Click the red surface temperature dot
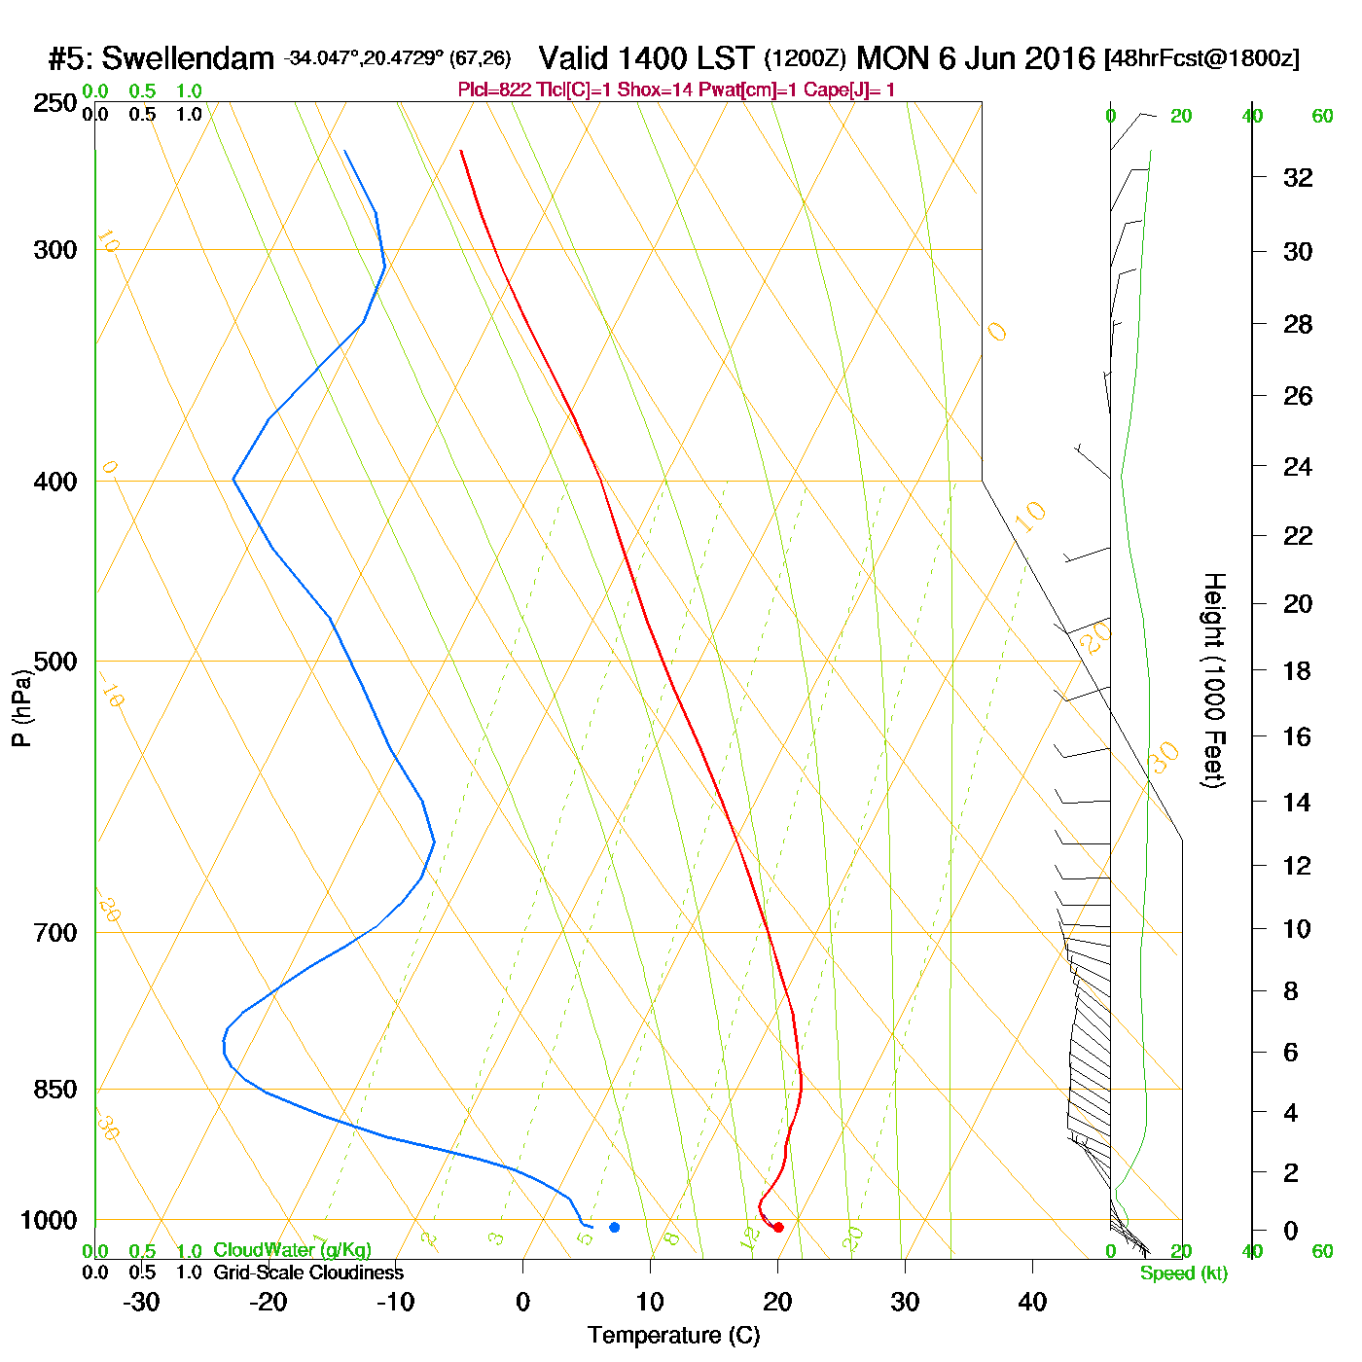tap(778, 1227)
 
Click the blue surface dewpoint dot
tap(614, 1227)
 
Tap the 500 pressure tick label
tap(55, 662)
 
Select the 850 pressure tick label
tap(55, 1090)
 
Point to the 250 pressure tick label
tap(55, 103)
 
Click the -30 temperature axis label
tap(141, 1302)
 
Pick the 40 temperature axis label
tap(1032, 1302)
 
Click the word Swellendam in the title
tap(188, 58)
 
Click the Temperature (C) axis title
tap(673, 1336)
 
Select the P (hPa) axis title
tap(21, 707)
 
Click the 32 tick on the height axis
tap(1298, 177)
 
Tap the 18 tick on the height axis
tap(1298, 670)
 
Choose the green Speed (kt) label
tap(1183, 1273)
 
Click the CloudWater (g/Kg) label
tap(292, 1250)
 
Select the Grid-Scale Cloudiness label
tap(308, 1272)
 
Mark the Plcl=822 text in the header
tap(494, 90)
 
